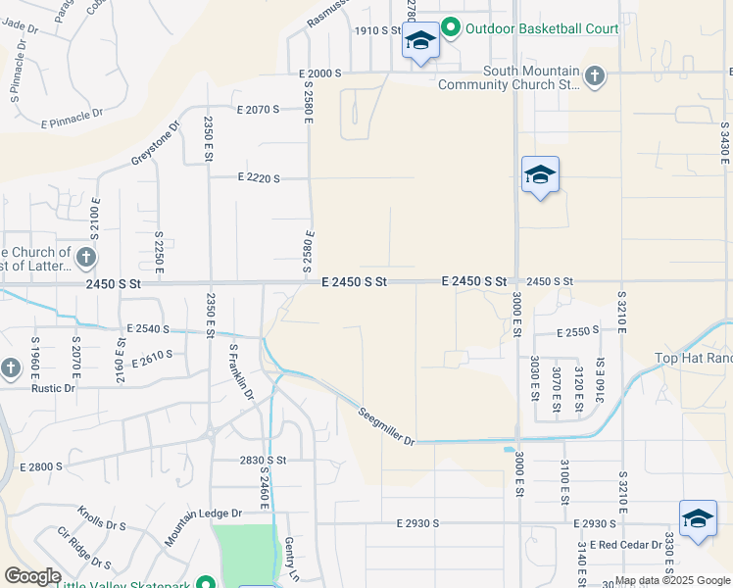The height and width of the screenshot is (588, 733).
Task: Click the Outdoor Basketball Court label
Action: coord(542,28)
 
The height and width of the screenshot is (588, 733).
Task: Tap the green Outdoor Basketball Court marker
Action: coord(451,27)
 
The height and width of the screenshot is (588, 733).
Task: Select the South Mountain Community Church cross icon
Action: coord(595,76)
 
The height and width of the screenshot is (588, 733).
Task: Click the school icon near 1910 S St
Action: coord(420,41)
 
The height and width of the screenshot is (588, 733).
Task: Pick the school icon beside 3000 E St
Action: coord(540,175)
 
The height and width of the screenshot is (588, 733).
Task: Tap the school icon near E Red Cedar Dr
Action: coord(698,518)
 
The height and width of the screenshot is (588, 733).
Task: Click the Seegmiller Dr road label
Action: coord(386,426)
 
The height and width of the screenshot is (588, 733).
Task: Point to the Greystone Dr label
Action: coord(155,143)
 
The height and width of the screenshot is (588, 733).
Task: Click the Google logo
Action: coord(32,576)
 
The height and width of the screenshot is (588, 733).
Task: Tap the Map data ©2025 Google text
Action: coord(672,580)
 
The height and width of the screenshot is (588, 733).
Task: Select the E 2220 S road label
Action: coord(259,178)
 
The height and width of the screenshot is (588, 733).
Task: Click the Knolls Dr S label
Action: coord(101,518)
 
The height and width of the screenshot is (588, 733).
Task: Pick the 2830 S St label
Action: coord(263,460)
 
